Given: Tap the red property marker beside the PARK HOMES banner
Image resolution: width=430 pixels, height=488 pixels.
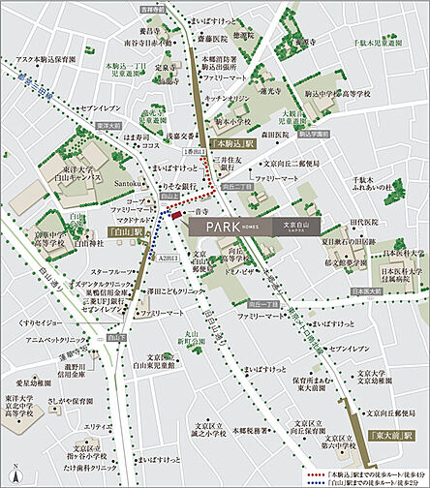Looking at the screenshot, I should [x=176, y=217].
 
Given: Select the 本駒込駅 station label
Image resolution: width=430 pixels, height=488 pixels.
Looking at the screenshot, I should [x=230, y=142].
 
